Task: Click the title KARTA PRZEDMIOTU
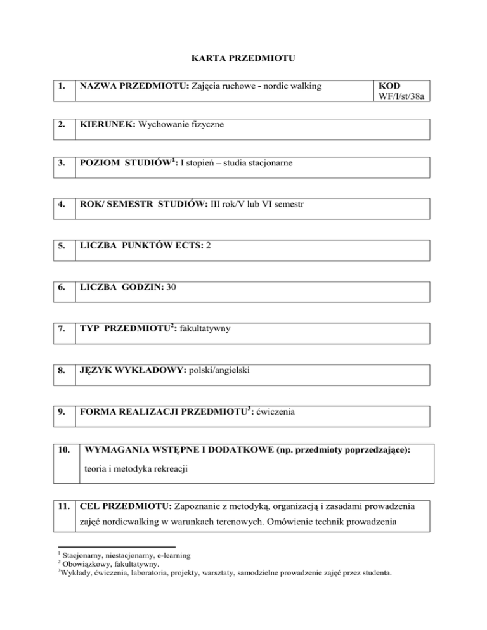tap(244, 60)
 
